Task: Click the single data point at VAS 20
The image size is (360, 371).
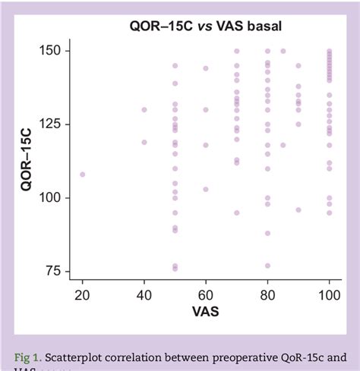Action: tap(83, 174)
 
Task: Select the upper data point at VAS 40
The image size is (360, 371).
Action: tap(144, 109)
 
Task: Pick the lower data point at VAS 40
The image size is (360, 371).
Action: tap(144, 142)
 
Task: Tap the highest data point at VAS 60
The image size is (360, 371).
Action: tap(206, 68)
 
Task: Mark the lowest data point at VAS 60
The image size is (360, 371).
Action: tap(206, 189)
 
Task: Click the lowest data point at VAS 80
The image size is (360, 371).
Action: tap(267, 266)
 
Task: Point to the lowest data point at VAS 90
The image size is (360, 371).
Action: tap(298, 209)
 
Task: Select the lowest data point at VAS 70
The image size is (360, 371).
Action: tap(237, 212)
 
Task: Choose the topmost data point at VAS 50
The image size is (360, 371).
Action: tap(175, 65)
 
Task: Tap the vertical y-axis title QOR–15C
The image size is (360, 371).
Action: tap(27, 160)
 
